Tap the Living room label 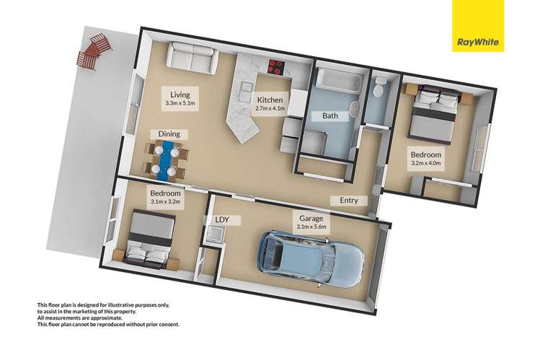(180, 98)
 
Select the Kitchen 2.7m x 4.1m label (270, 104)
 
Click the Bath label (330, 115)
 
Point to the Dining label (169, 134)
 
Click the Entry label (349, 201)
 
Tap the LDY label (222, 220)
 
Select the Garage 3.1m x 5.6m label (311, 222)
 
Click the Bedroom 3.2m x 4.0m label (426, 159)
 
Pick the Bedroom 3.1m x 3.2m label (165, 198)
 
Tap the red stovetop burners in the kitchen (276, 67)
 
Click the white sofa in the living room (192, 58)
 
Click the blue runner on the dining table (167, 160)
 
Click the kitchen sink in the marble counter (246, 92)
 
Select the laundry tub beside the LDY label (215, 236)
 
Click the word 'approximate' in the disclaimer (110, 318)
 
